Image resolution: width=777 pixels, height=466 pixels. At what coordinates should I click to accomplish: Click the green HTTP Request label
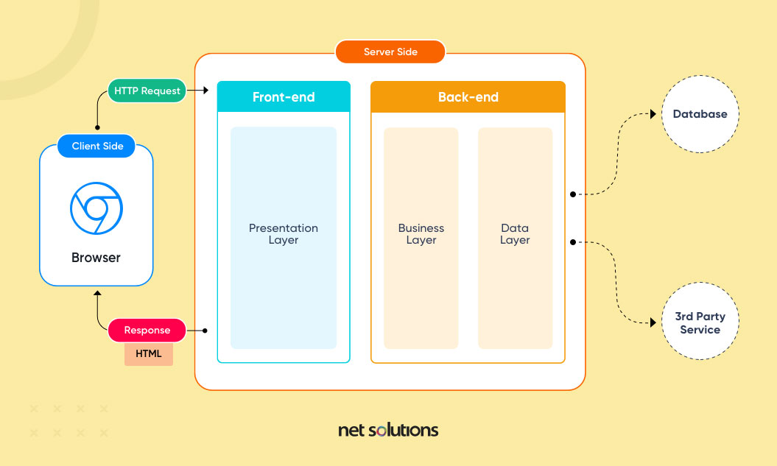(147, 91)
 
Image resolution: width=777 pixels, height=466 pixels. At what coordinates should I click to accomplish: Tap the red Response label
(147, 331)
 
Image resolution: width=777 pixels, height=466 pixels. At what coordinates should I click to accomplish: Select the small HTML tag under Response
(148, 354)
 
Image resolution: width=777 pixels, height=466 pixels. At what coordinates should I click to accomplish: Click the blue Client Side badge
(97, 146)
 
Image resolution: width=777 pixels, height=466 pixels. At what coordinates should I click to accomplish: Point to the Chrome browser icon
(96, 208)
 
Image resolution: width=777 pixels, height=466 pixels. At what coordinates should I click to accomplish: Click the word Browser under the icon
(96, 258)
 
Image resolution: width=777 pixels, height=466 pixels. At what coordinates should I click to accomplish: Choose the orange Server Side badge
(390, 52)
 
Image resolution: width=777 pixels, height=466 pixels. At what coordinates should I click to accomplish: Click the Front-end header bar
(284, 97)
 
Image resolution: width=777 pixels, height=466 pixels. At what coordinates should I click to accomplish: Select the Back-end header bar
(468, 97)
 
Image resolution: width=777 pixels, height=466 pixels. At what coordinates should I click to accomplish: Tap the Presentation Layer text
(284, 234)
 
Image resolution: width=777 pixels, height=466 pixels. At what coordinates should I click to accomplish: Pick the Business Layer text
(421, 234)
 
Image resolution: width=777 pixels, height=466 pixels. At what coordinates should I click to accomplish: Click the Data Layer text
(515, 234)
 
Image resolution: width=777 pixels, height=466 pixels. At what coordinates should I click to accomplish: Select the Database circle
(700, 114)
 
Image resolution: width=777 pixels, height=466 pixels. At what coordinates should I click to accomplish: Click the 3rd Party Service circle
(700, 323)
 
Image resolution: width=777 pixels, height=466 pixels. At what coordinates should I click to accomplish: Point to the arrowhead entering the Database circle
(653, 114)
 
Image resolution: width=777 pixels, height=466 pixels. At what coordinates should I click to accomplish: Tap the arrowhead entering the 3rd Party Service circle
(653, 323)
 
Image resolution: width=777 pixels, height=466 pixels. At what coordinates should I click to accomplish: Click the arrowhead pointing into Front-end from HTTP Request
(207, 91)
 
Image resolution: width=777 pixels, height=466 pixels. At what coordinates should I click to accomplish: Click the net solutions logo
(388, 430)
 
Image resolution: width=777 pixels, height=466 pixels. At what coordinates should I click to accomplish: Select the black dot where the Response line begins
(205, 331)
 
